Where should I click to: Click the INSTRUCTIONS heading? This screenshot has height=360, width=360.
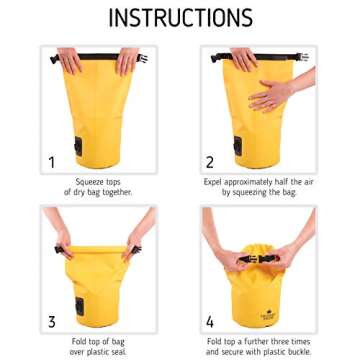coord(180,18)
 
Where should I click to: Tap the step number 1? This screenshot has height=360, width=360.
coord(24,161)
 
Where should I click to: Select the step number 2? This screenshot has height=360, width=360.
coord(210,161)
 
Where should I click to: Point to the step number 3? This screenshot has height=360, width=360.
coord(24,321)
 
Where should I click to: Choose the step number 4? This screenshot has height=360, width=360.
coord(210,321)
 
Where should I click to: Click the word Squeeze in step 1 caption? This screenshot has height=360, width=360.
coord(83,183)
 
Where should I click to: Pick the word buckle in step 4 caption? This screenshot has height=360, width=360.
coord(301,352)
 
